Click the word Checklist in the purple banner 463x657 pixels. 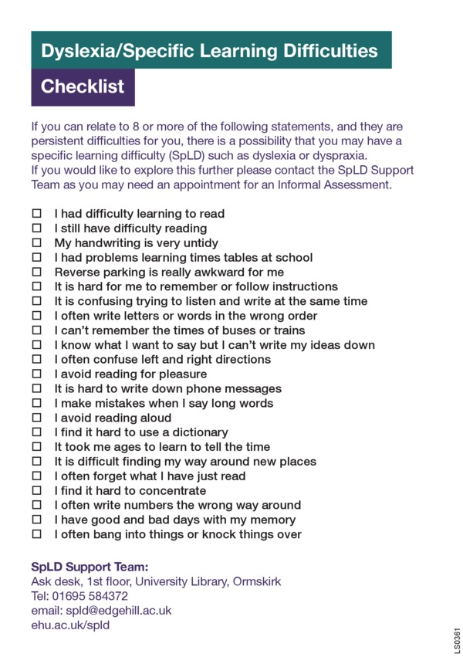tap(83, 86)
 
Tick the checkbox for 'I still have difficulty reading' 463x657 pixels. tap(35, 229)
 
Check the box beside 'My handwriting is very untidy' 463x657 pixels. tap(35, 243)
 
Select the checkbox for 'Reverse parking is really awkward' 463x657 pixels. tap(35, 273)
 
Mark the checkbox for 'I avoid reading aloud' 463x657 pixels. tap(35, 418)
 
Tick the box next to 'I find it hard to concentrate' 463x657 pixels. tap(35, 491)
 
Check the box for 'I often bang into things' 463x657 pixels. tap(35, 534)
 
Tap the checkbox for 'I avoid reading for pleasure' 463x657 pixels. tap(35, 374)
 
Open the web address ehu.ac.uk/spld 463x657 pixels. tap(70, 625)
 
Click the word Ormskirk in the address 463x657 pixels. tap(258, 581)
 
